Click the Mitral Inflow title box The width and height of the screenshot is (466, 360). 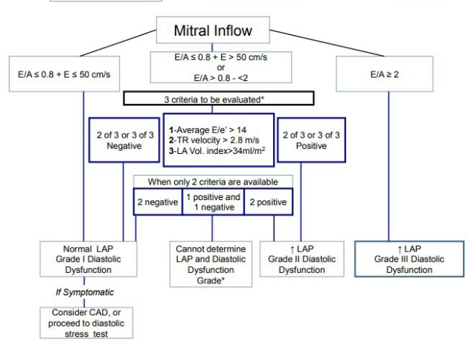click(x=213, y=32)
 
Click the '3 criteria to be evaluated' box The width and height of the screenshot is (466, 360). click(x=213, y=98)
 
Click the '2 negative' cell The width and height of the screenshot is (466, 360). click(x=158, y=202)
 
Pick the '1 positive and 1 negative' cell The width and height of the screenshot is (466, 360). click(x=213, y=202)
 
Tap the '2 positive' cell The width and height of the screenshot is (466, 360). click(x=269, y=202)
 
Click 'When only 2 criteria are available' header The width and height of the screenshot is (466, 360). click(x=213, y=181)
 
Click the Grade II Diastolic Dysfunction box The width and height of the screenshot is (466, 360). click(x=301, y=258)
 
